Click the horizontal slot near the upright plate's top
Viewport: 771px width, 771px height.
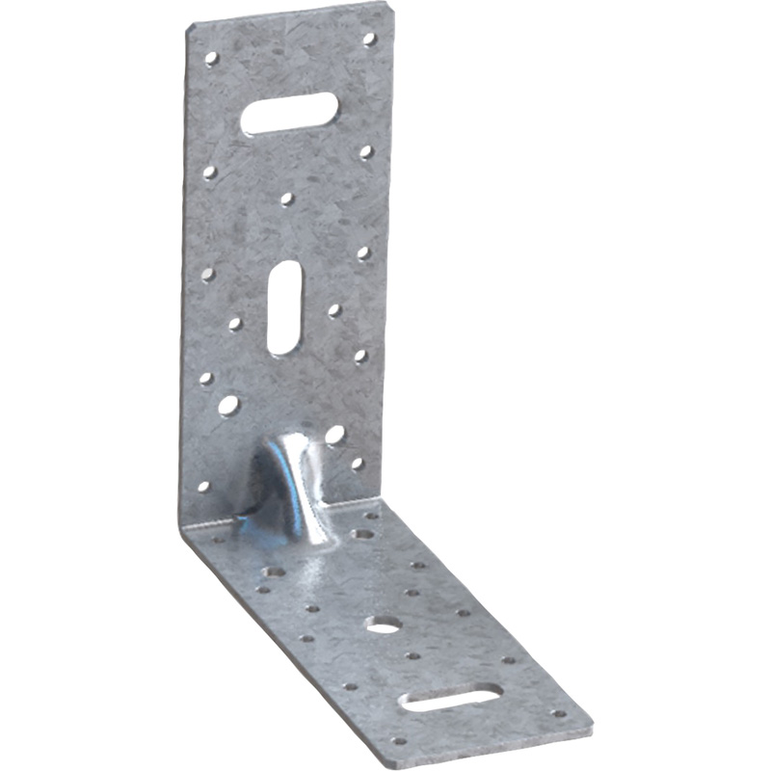(x=288, y=113)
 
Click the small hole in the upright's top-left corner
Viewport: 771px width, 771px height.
(x=211, y=58)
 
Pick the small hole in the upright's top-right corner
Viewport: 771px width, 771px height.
(x=368, y=40)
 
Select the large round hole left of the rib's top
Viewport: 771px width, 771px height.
(x=228, y=405)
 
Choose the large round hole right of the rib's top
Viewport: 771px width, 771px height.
(x=334, y=435)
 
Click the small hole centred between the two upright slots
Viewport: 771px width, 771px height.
(x=286, y=199)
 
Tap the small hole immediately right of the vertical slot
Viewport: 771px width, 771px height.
(x=333, y=310)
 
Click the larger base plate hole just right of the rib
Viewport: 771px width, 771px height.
(x=362, y=533)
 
